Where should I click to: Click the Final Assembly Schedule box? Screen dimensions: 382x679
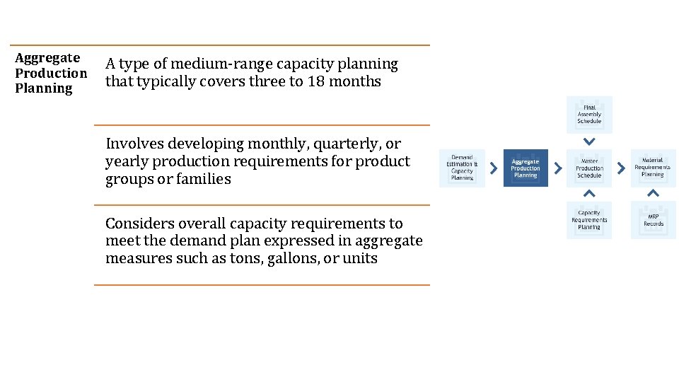pyautogui.click(x=589, y=115)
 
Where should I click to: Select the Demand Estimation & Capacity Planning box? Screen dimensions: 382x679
pyautogui.click(x=462, y=168)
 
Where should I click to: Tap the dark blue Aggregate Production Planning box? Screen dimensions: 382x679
pyautogui.click(x=526, y=168)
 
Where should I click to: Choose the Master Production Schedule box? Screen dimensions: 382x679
pyautogui.click(x=589, y=168)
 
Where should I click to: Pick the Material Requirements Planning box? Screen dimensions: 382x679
pyautogui.click(x=653, y=168)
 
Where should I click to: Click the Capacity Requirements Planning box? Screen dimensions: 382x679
pyautogui.click(x=589, y=220)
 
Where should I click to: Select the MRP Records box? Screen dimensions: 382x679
pyautogui.click(x=653, y=220)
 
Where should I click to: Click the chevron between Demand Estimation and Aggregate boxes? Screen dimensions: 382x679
pyautogui.click(x=494, y=168)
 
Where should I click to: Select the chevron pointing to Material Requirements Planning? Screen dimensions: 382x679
pyautogui.click(x=621, y=168)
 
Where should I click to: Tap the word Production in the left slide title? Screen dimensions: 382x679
pyautogui.click(x=51, y=73)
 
